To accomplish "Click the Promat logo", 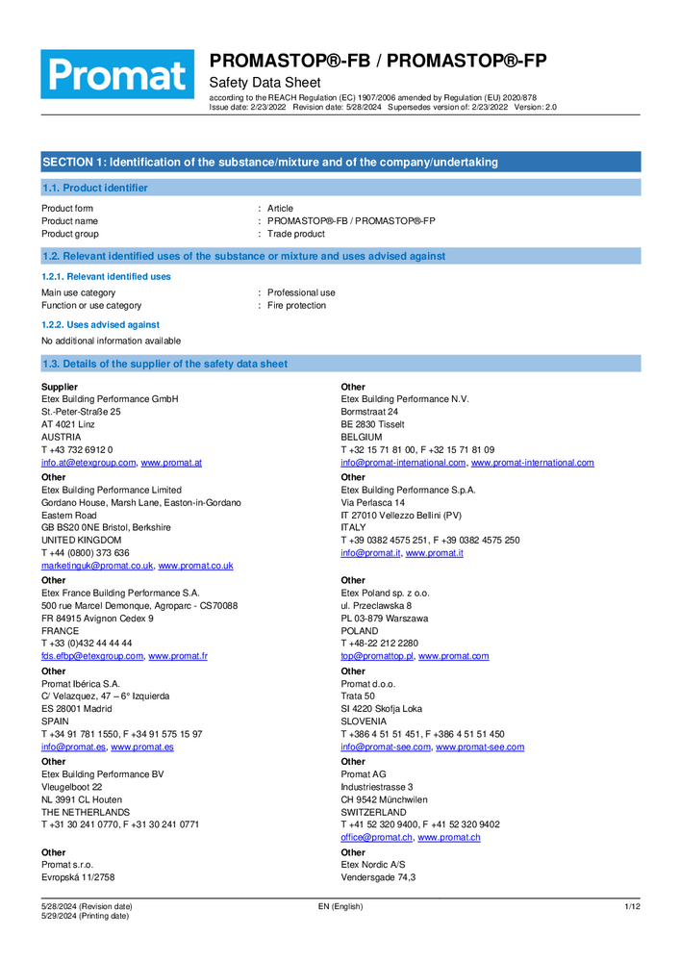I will click(x=116, y=74).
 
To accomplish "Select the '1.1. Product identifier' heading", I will click(x=94, y=188).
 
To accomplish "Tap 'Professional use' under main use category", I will click(x=301, y=292).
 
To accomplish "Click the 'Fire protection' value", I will click(x=296, y=305).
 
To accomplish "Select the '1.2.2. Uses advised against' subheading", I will click(x=100, y=325).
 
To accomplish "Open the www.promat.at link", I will click(x=171, y=463).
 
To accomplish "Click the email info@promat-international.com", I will click(x=403, y=463).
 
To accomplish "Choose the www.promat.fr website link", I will click(x=178, y=656).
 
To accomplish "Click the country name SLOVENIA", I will click(x=364, y=721).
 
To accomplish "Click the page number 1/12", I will click(x=632, y=906).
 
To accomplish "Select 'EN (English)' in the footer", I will click(x=340, y=906).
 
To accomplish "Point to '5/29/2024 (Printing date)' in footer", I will click(x=85, y=916).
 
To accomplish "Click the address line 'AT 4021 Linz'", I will click(x=68, y=424).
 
